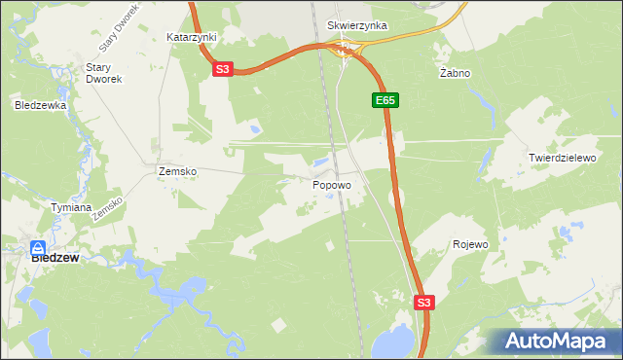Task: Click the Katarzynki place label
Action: pos(191,37)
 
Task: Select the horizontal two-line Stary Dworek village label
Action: pos(102,73)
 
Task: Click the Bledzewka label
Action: pos(40,104)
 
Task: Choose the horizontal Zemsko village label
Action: pos(177,171)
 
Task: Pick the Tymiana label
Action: pos(71,207)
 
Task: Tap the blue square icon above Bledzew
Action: pos(38,247)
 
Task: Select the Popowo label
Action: pos(332,184)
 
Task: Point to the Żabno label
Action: pos(455,73)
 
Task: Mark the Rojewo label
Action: pos(470,244)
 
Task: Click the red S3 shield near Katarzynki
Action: pos(223,69)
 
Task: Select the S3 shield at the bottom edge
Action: pos(423,303)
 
